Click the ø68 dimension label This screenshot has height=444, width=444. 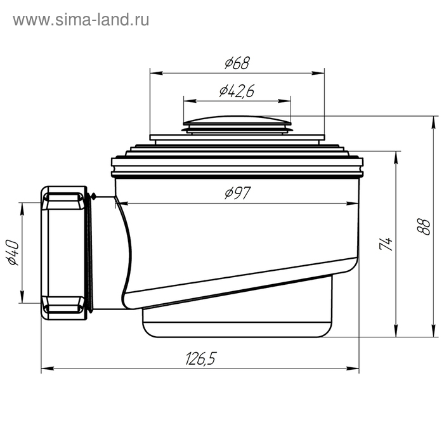tap(237, 63)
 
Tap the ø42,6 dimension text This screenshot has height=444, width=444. tap(237, 91)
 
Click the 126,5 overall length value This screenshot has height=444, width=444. tap(200, 359)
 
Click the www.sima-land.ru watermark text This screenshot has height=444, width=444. tap(81, 20)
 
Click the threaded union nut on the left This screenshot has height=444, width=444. tap(64, 252)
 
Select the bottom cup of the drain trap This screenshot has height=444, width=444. tap(237, 320)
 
